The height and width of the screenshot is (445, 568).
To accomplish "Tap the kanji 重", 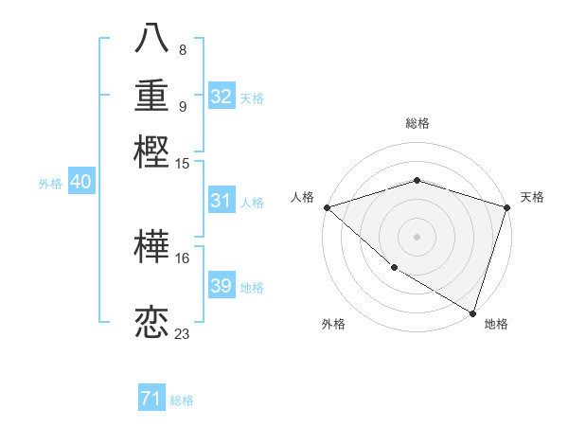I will tap(152, 97).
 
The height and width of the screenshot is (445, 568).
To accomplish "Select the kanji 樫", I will tap(152, 151).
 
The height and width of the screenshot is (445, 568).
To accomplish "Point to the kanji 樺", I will tap(152, 247).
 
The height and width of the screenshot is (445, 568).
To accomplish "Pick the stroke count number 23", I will tap(183, 333).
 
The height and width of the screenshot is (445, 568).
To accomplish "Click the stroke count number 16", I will tap(183, 257).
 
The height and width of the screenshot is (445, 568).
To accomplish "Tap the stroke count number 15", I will tap(183, 163).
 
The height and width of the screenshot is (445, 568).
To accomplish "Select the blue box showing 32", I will tap(221, 97).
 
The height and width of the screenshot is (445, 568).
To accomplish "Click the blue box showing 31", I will tap(221, 201).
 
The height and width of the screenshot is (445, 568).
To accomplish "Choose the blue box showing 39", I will tap(221, 287).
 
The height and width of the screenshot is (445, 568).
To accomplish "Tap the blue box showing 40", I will tap(80, 183).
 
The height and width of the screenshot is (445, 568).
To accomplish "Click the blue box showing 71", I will tap(151, 400).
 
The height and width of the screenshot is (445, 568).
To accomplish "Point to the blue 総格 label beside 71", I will tap(182, 400).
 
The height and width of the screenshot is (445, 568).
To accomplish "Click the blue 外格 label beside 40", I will tap(50, 184).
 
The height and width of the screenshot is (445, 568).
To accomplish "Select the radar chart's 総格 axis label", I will tap(417, 123).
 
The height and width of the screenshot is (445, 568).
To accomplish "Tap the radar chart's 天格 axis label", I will tap(532, 197).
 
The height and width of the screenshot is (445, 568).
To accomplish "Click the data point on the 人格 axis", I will tap(327, 206).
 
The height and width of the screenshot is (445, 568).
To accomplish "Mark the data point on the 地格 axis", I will tap(471, 311).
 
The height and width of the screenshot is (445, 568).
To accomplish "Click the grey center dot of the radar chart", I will tap(417, 236).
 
